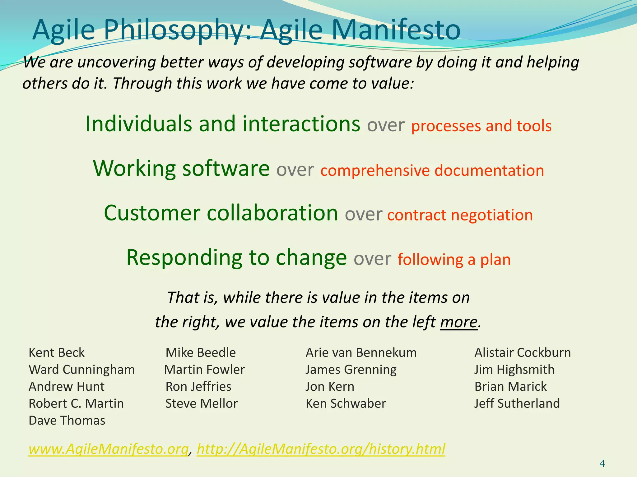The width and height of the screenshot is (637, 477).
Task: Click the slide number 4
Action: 602,464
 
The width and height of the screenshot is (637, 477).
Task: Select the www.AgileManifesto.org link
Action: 109,449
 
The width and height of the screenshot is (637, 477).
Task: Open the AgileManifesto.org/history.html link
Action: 321,449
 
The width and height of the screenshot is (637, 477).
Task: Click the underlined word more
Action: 458,322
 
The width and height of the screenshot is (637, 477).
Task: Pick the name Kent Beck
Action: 56,352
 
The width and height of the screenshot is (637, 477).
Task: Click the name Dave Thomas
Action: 67,420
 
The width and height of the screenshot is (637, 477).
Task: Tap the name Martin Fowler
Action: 204,370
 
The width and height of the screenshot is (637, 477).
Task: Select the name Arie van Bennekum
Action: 361,352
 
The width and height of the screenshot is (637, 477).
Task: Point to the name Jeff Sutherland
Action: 517,403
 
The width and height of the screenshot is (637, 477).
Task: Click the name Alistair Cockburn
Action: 522,352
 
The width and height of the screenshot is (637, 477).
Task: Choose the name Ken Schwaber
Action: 346,403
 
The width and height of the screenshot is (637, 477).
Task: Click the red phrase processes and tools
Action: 481,126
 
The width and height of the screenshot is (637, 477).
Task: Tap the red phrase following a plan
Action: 454,260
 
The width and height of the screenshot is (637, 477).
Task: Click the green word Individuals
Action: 138,124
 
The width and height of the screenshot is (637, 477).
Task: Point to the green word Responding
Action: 184,258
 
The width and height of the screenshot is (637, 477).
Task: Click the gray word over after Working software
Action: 295,170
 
